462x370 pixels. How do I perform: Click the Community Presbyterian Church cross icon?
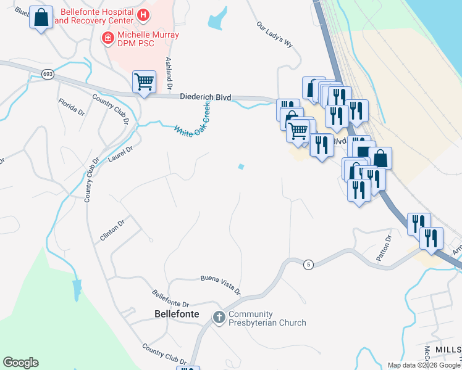[219, 318]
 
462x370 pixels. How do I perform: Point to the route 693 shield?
[48, 74]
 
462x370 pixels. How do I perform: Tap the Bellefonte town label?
[176, 314]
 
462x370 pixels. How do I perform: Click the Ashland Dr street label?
[168, 72]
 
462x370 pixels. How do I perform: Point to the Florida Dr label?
[71, 106]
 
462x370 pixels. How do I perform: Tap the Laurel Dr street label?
[120, 156]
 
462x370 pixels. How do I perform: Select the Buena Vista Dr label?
[220, 285]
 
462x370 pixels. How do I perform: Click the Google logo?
[20, 363]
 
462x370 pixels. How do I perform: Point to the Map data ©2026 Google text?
[423, 365]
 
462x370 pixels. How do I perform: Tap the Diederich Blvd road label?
[205, 97]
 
